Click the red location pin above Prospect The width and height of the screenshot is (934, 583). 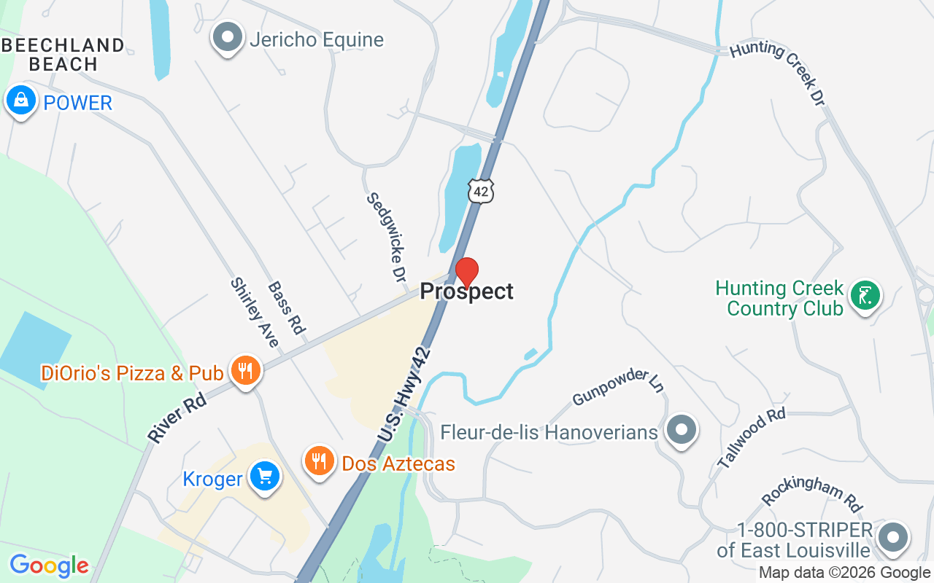coord(467,273)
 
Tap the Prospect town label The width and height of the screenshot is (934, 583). coord(467,291)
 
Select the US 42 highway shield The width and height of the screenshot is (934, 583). coord(481,191)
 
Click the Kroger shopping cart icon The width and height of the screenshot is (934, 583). coord(263,477)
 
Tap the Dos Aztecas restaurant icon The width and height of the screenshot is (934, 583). coord(319,461)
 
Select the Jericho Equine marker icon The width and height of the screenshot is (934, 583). coord(228,37)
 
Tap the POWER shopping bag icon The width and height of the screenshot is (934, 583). coord(21,101)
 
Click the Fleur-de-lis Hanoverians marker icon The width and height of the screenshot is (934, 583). coord(682,430)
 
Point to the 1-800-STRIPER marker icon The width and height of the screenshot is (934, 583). coord(892,538)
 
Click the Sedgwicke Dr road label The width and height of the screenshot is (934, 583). coord(387,237)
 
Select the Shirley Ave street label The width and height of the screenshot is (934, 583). coord(255,313)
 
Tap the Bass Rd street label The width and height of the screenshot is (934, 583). coord(286,308)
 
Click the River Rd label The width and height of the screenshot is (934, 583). coord(177,419)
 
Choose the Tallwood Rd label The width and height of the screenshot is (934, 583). coord(751,437)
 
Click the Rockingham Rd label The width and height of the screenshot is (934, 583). coord(811,496)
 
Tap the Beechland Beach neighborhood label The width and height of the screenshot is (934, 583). coord(63,55)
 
